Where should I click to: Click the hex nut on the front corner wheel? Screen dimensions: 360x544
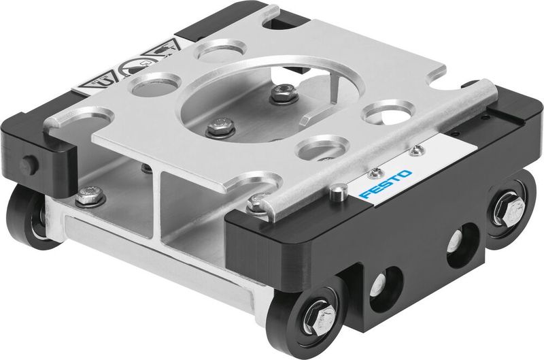tap(317, 318)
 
